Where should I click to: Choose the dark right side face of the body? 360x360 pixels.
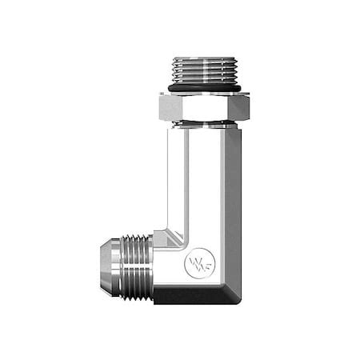233,216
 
